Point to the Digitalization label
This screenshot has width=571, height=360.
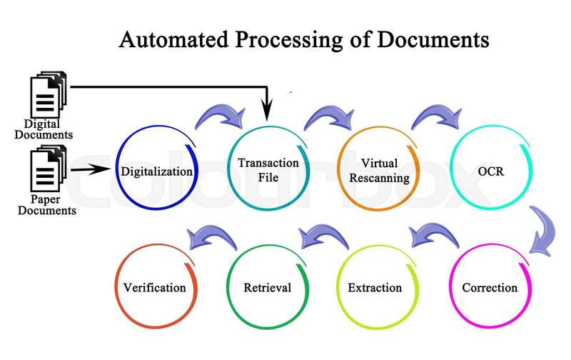[x=156, y=171]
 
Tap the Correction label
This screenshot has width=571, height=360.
[x=489, y=289]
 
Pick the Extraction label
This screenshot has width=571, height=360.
[x=374, y=289]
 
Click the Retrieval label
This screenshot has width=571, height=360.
[x=267, y=289]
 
